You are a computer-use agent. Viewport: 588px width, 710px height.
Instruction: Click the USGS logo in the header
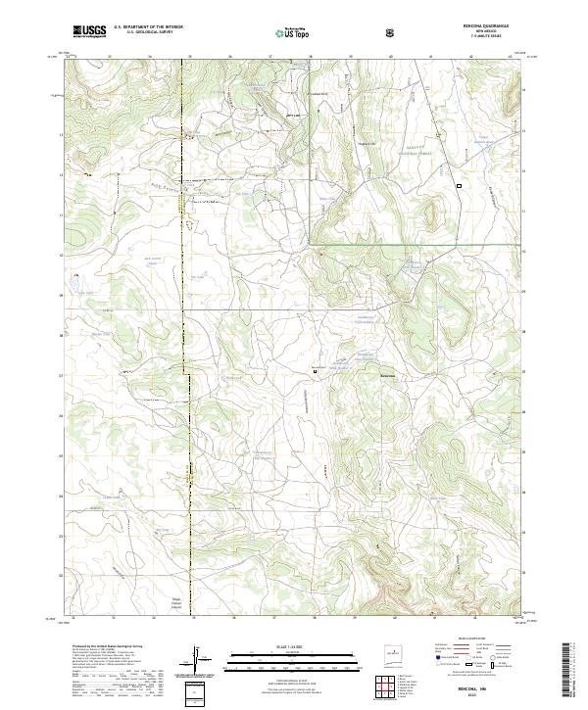pos(89,32)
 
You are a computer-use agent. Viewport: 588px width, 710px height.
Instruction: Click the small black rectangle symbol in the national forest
pos(458,184)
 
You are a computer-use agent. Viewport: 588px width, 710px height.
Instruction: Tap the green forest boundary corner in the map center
pos(312,242)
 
